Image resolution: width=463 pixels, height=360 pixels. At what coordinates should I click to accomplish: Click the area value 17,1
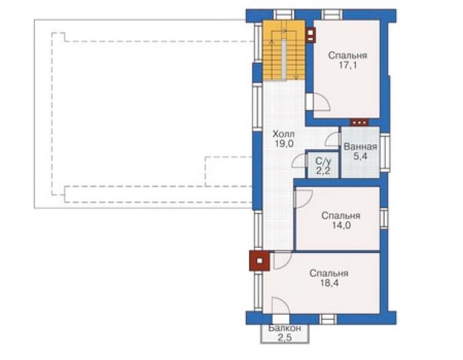click(347, 65)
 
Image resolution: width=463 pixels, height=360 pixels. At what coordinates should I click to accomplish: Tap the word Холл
click(283, 134)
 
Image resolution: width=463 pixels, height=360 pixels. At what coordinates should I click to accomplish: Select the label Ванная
click(360, 147)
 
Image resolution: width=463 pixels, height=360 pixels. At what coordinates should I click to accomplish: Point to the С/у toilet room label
click(323, 161)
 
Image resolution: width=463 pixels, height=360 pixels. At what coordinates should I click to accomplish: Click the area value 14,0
click(341, 225)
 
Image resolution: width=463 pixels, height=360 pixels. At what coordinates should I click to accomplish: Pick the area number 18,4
click(329, 283)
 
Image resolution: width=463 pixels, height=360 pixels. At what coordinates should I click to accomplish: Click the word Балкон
click(285, 328)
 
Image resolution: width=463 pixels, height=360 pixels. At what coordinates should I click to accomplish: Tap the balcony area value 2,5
click(285, 337)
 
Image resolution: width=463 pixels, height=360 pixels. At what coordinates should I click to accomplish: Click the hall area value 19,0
click(284, 144)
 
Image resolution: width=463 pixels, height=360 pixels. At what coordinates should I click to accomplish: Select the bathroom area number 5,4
click(360, 156)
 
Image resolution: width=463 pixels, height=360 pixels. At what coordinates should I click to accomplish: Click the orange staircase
click(284, 50)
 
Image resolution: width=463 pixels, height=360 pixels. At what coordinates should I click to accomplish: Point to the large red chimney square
click(260, 261)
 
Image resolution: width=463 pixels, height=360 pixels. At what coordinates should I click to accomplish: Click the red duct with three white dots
click(359, 122)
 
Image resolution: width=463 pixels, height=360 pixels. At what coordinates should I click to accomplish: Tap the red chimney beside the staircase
click(310, 35)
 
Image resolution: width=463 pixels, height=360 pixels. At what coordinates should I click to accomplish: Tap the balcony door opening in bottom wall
click(281, 319)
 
